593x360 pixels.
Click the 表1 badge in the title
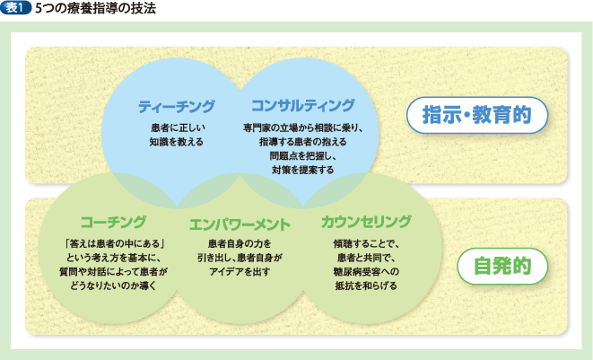(17, 9)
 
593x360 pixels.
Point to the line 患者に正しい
(176, 128)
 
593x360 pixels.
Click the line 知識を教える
(176, 142)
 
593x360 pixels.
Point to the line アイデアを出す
(239, 271)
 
